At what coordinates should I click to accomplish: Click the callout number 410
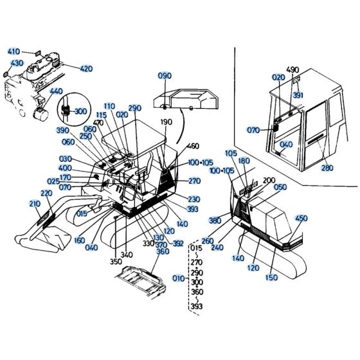[x=14, y=51]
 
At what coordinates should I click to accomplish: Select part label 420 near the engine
[x=87, y=68]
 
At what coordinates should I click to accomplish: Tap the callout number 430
[x=17, y=63]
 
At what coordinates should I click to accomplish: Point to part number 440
[x=56, y=92]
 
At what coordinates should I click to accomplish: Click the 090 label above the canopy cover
[x=165, y=76]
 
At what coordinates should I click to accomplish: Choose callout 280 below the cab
[x=328, y=168]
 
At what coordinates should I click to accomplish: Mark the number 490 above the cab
[x=292, y=69]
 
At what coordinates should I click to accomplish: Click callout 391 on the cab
[x=298, y=94]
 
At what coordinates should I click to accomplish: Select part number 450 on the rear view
[x=301, y=218]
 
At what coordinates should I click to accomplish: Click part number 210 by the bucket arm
[x=34, y=204]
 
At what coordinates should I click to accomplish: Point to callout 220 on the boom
[x=46, y=194]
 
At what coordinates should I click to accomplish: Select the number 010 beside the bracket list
[x=178, y=278]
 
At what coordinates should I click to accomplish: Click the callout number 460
[x=194, y=147]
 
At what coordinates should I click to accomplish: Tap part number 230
[x=194, y=200]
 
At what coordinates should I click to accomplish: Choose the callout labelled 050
[x=280, y=187]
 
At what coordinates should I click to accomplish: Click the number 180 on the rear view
[x=244, y=161]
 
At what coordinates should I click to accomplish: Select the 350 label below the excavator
[x=115, y=262]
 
